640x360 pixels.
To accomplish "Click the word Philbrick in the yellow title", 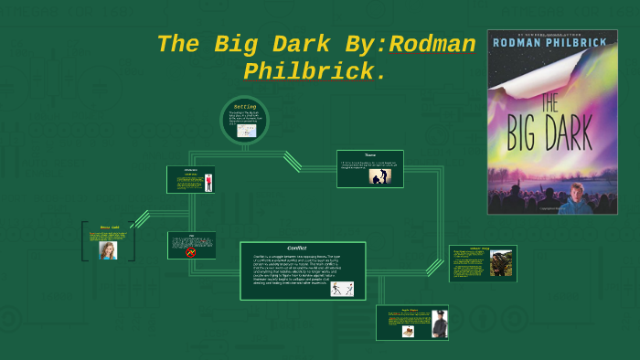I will coord(308,71).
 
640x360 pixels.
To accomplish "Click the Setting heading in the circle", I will coord(244,107).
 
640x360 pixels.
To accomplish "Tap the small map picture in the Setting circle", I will coord(246,131).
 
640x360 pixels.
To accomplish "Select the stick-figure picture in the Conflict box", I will coord(341,289).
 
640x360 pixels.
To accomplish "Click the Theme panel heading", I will coord(370,154).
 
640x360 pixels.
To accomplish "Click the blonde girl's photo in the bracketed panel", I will coord(108,249).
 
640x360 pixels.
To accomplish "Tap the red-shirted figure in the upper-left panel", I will coord(208,182).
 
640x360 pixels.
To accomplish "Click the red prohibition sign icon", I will coord(191,251).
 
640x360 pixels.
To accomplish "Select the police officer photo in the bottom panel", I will coord(438,324).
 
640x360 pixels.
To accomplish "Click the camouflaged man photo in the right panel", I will coord(500,263).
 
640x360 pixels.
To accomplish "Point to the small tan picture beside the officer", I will coord(408,331).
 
